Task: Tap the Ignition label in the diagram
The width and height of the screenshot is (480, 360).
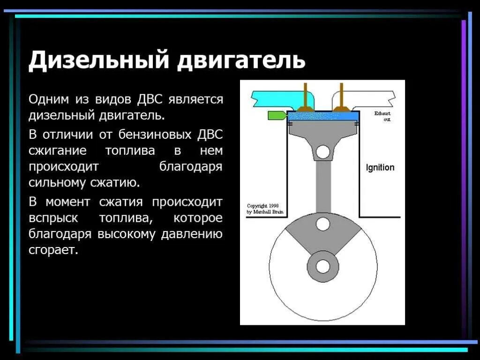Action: pos(380,168)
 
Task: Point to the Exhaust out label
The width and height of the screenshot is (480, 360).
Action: pos(382,116)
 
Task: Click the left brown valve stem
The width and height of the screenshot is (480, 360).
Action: pos(306,96)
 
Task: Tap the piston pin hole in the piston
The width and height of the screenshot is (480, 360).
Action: pos(322,151)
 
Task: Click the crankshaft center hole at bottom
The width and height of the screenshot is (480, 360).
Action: pos(322,266)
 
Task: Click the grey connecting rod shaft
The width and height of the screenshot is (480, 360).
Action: pos(322,185)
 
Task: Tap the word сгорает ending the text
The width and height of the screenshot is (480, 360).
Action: pos(52,250)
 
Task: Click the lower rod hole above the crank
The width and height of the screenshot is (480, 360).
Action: pos(322,224)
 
